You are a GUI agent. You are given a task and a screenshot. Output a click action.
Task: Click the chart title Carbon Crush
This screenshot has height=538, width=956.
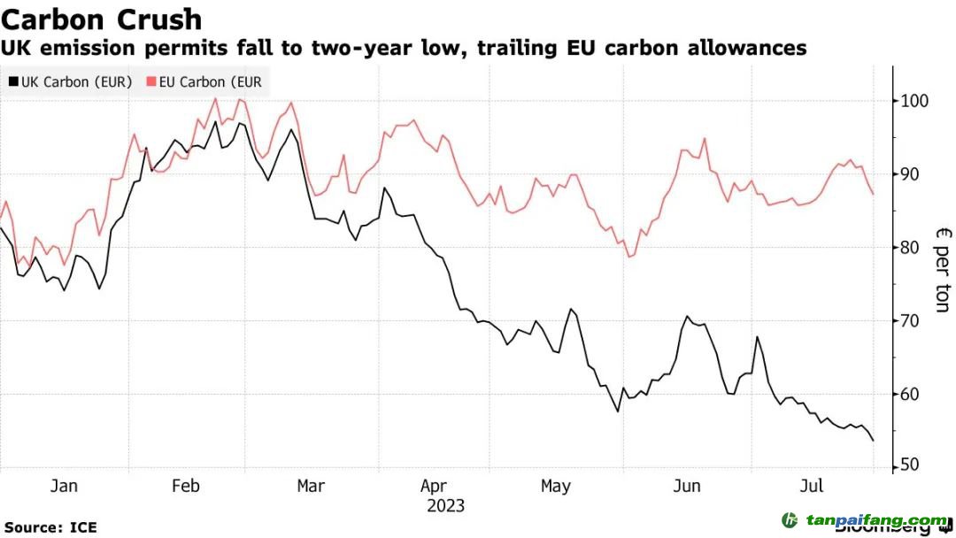coord(101,19)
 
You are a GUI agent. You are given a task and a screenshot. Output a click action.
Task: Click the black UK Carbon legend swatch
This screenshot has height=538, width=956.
coord(12,82)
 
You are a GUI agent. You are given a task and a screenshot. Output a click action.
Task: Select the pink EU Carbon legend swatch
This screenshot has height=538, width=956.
coord(151,82)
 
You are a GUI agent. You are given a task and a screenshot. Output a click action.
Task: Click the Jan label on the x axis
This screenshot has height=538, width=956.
coord(64,486)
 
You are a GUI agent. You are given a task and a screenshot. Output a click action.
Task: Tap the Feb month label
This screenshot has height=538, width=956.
coord(186,486)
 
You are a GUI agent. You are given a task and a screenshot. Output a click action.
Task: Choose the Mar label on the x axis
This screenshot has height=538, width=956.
coord(311,486)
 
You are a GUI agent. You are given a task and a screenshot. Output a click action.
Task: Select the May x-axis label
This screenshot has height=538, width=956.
coord(555,486)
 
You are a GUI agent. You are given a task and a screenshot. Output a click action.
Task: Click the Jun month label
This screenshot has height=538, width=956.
coord(687,486)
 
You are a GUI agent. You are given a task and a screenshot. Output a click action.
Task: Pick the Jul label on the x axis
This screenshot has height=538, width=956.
coord(812,486)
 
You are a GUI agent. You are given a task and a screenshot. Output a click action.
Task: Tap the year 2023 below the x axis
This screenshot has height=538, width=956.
coord(445,506)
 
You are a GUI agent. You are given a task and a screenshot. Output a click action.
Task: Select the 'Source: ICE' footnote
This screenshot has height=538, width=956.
coord(50,527)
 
